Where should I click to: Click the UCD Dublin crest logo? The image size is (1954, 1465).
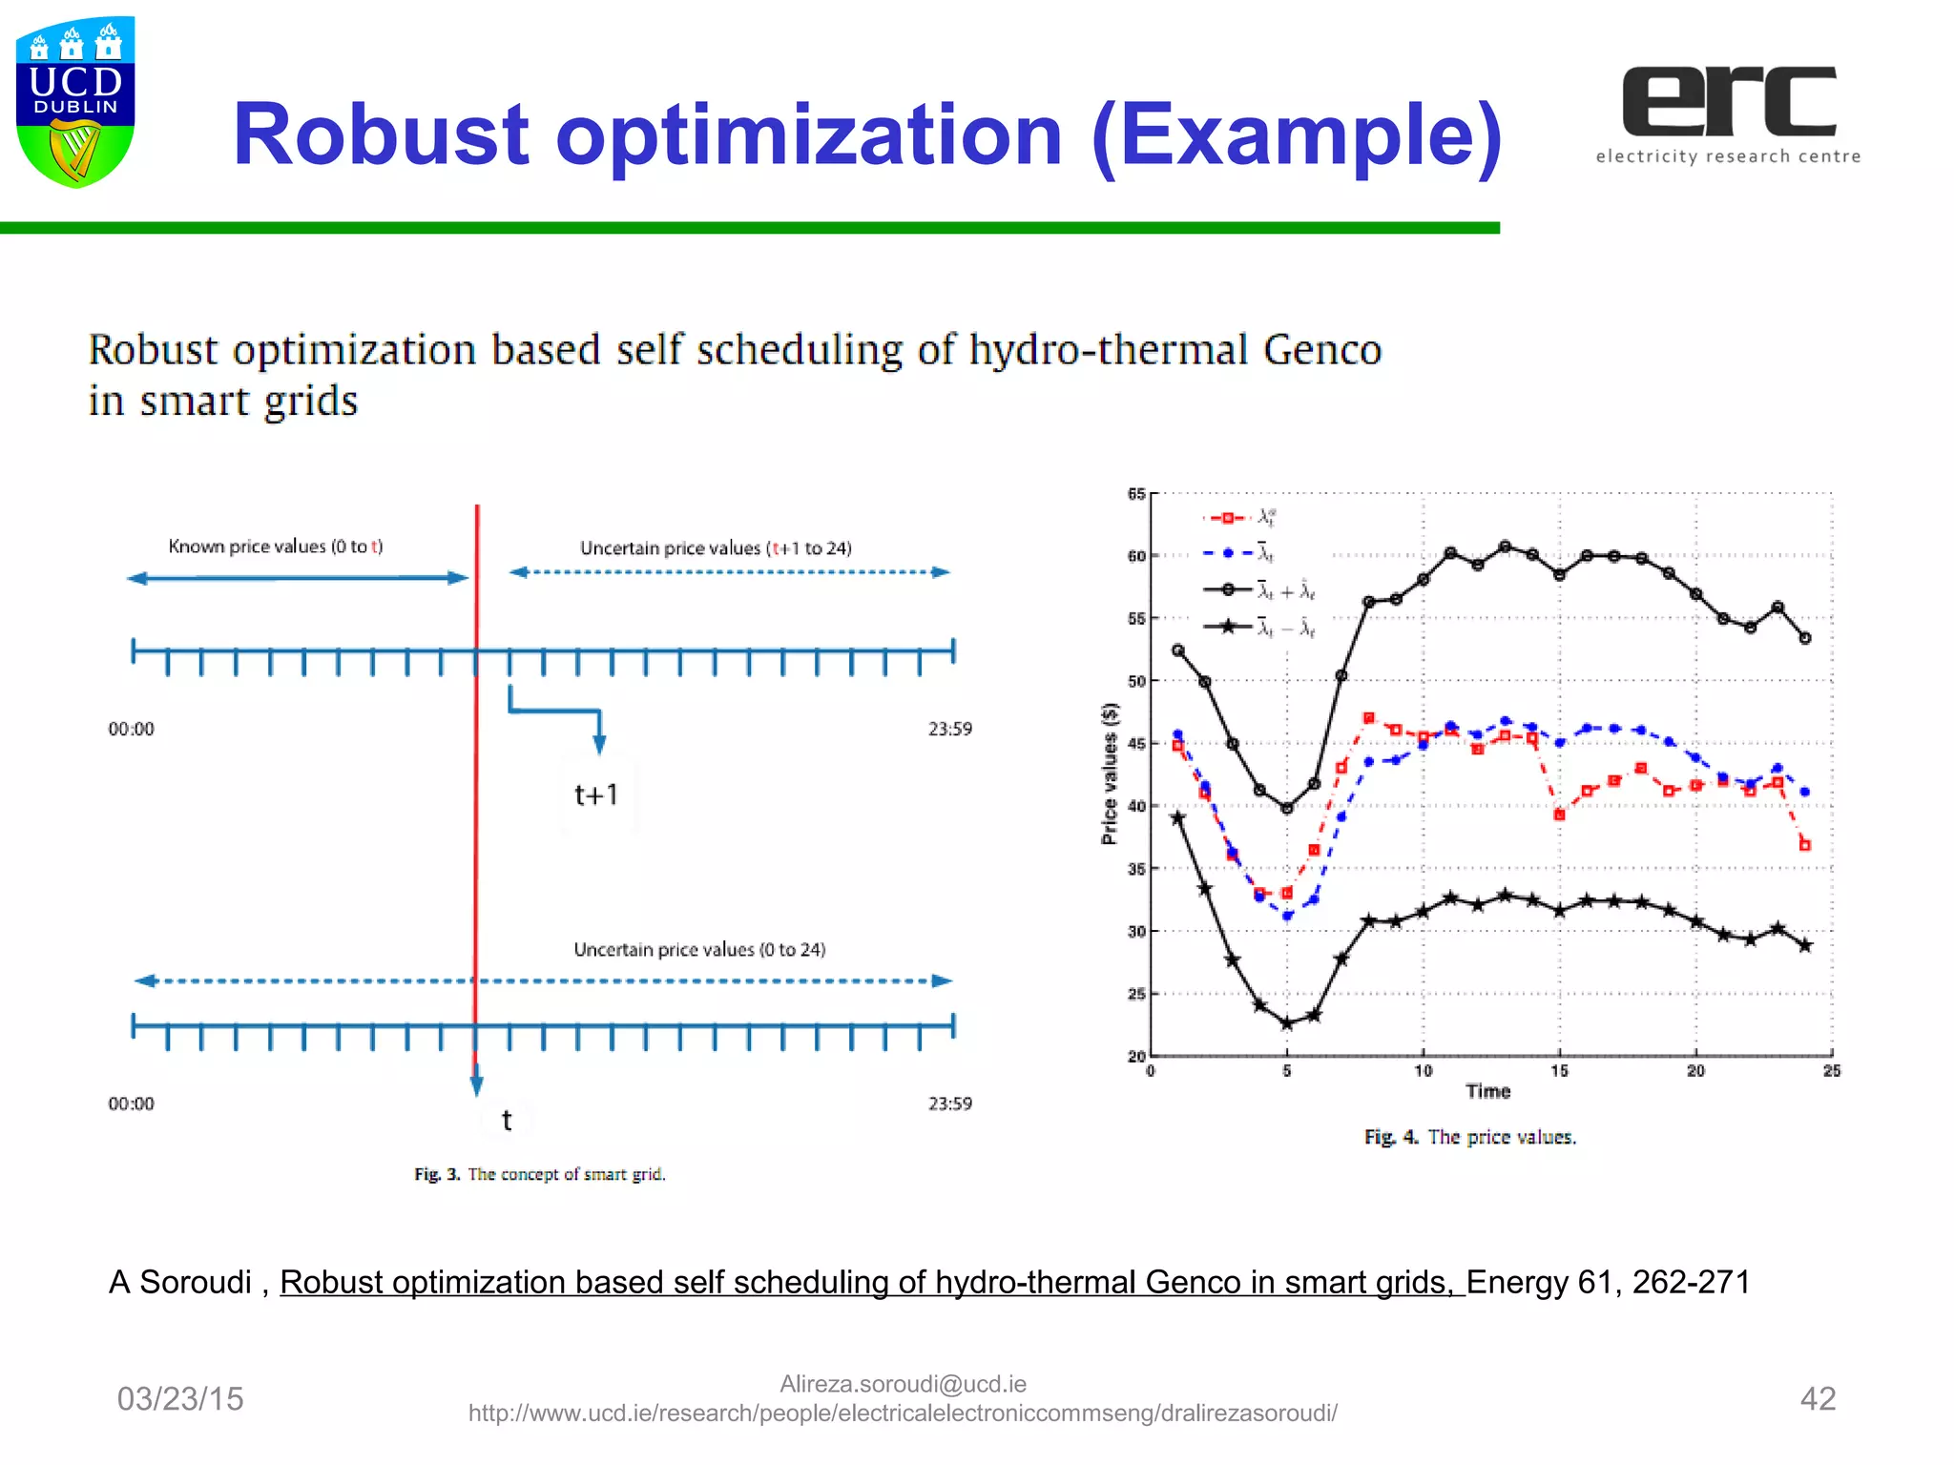click(x=75, y=102)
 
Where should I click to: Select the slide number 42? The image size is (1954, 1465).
click(x=1818, y=1398)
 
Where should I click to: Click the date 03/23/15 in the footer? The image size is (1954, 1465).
click(x=180, y=1398)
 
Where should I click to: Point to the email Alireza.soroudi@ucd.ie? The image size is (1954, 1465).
click(x=903, y=1383)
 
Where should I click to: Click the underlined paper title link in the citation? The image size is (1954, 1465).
click(x=871, y=1282)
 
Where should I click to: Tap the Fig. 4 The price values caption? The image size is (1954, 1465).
click(x=1469, y=1137)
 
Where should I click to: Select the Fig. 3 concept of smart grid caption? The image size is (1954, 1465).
click(x=539, y=1174)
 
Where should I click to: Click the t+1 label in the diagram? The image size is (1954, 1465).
click(x=596, y=794)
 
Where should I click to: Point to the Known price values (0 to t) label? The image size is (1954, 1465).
click(x=275, y=547)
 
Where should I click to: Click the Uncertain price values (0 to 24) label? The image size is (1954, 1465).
click(x=699, y=949)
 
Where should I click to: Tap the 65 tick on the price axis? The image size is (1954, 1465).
click(x=1136, y=494)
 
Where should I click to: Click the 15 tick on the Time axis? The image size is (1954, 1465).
click(x=1559, y=1071)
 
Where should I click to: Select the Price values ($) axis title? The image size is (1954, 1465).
click(x=1109, y=774)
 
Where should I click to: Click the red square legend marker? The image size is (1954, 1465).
click(x=1228, y=518)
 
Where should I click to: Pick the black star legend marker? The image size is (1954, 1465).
click(x=1229, y=627)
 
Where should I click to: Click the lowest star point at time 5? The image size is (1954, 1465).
click(x=1286, y=1023)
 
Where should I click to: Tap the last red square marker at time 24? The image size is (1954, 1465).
click(x=1804, y=845)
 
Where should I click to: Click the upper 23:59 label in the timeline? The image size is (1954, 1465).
click(x=949, y=729)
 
